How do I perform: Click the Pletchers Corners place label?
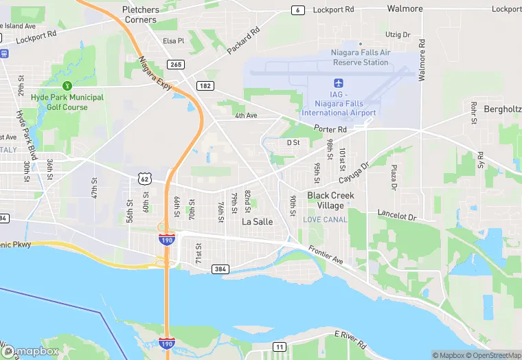click(x=140, y=14)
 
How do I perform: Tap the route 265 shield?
click(x=175, y=65)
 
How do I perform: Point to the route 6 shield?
click(x=297, y=10)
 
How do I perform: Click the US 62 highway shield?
click(x=144, y=179)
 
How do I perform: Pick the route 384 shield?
click(x=220, y=269)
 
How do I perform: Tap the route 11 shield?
click(x=279, y=346)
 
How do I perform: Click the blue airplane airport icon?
click(x=339, y=82)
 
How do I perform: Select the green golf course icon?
click(x=67, y=86)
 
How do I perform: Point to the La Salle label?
click(x=258, y=222)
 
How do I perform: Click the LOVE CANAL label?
click(x=325, y=219)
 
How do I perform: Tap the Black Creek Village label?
click(x=330, y=201)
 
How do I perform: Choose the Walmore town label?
click(x=405, y=9)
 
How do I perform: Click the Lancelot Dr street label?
click(x=397, y=216)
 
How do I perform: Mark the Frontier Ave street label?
click(x=326, y=254)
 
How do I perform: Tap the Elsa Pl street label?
click(x=174, y=41)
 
